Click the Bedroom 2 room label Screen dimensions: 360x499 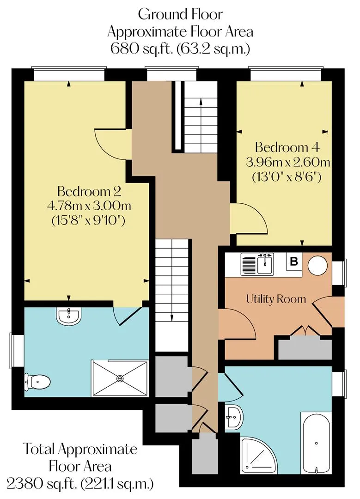click(x=89, y=191)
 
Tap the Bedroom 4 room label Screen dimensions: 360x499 click(x=287, y=147)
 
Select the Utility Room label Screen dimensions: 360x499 click(x=276, y=299)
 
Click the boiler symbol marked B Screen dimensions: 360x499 click(x=294, y=262)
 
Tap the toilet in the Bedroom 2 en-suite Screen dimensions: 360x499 click(x=37, y=381)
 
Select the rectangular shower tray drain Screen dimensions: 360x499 click(x=120, y=378)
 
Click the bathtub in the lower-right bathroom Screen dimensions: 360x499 click(x=316, y=443)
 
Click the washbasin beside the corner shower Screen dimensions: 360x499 click(x=234, y=417)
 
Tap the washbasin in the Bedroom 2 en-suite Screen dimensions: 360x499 click(x=69, y=316)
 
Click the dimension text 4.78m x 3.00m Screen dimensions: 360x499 click(x=89, y=206)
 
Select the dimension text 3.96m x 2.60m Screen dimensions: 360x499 click(x=288, y=162)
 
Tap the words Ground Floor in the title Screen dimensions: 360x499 click(x=181, y=14)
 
